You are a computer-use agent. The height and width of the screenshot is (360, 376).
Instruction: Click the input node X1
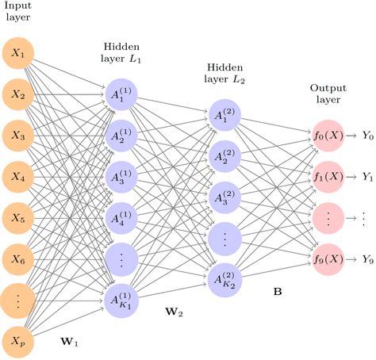pos(19,54)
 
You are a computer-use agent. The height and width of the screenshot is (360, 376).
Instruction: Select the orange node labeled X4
pos(19,177)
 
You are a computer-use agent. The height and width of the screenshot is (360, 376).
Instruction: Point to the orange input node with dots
pos(19,298)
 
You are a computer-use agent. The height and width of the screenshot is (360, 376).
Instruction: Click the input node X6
pos(19,258)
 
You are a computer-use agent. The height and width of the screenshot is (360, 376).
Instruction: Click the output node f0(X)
pos(328,135)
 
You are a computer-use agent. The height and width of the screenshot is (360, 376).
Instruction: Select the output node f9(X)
pos(328,258)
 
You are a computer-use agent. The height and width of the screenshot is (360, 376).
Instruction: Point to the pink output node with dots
pos(328,217)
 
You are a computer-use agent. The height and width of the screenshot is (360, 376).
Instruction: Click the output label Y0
pos(366,135)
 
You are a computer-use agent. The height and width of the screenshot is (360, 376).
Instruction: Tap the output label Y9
pos(366,258)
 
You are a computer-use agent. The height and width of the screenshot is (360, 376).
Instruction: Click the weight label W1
pos(71,343)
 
